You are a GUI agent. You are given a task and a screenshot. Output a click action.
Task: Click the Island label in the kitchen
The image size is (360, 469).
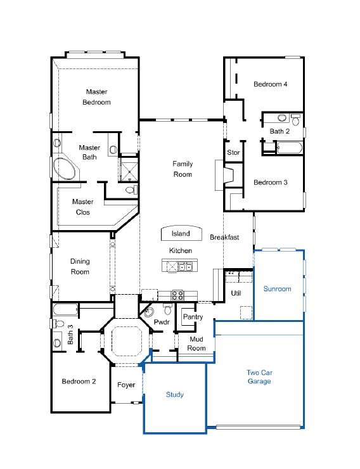pos(181,233)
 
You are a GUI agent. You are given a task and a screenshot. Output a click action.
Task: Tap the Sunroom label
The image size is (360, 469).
pos(277,289)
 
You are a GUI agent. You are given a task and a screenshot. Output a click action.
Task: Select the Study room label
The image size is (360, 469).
pos(175,395)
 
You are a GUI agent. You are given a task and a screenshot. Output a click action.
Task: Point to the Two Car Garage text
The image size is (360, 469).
pos(259,377)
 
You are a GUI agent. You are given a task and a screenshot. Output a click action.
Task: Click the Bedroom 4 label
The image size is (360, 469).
pos(270,84)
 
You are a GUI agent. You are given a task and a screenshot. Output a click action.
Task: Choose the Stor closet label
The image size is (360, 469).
pos(233,153)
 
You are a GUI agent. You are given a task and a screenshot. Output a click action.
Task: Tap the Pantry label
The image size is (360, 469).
pos(193,317)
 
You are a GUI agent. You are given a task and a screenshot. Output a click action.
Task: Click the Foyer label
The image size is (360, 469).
pos(126,385)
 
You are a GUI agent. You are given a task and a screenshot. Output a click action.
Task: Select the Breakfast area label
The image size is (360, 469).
pos(224,237)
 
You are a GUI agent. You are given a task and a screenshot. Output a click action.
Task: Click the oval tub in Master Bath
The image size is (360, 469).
pos(65,169)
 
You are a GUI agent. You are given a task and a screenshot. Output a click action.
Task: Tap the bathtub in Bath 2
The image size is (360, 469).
pos(290,148)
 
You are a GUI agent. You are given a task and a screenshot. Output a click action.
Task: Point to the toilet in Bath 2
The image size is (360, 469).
pos(295,120)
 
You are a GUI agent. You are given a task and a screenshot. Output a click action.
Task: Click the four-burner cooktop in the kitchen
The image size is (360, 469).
pos(177,295)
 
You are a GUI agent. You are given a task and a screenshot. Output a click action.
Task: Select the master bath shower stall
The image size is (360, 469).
pos(129,169)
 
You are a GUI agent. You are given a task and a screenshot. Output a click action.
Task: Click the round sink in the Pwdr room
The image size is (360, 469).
pos(149,312)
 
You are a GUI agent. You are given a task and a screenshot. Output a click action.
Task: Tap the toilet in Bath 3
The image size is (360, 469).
pos(58,323)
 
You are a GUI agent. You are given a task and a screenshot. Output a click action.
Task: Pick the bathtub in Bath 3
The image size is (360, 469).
pos(66,309)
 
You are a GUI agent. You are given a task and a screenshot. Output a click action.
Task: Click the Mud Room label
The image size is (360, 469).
pos(196,344)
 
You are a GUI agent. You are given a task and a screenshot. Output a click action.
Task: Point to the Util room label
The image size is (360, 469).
pos(236,293)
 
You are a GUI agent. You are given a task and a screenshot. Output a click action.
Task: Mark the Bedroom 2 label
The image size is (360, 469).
pos(79,382)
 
